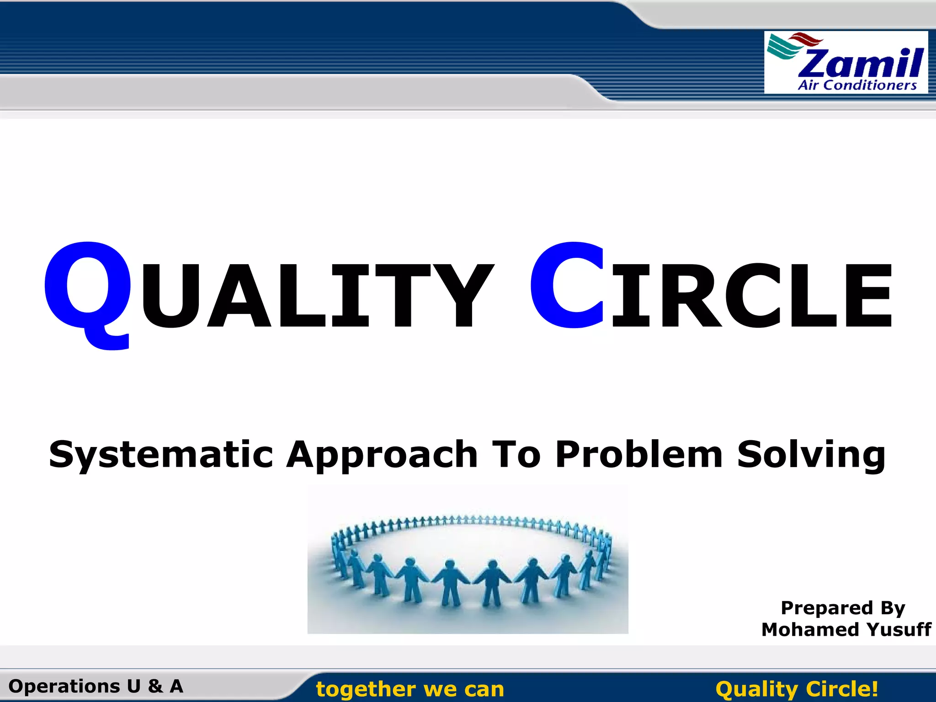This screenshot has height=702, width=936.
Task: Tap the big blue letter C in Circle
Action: pos(567,286)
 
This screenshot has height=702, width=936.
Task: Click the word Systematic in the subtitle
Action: pos(161,455)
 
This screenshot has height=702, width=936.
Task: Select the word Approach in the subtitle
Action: pos(382,455)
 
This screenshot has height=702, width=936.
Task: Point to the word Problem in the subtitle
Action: pos(639,455)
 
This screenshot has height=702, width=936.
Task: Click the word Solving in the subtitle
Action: pos(811,455)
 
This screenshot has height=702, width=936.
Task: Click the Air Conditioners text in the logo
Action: pos(857,85)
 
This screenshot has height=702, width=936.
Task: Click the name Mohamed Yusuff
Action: pos(846,630)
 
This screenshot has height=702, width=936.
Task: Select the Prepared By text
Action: pos(843,608)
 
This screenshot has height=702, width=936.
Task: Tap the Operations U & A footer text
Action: pos(96,686)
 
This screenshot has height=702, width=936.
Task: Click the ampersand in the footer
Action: pos(155,686)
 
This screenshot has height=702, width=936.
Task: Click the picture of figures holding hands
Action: pos(468,560)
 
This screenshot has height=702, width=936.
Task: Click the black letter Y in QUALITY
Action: pos(465,296)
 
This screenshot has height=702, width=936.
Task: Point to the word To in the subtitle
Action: pos(516,455)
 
